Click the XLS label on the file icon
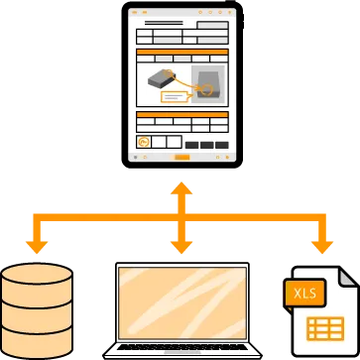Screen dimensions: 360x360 (x=300, y=293)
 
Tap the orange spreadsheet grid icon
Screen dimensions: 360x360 (x=324, y=329)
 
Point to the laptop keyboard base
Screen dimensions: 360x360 (x=180, y=349)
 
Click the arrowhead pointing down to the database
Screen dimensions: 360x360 (x=38, y=244)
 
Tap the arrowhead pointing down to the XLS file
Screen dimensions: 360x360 (x=321, y=244)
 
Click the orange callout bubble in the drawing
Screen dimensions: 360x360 (x=174, y=97)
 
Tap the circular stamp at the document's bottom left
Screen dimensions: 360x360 (x=145, y=143)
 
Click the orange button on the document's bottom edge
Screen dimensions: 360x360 (x=180, y=157)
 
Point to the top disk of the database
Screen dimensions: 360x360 (x=38, y=273)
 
